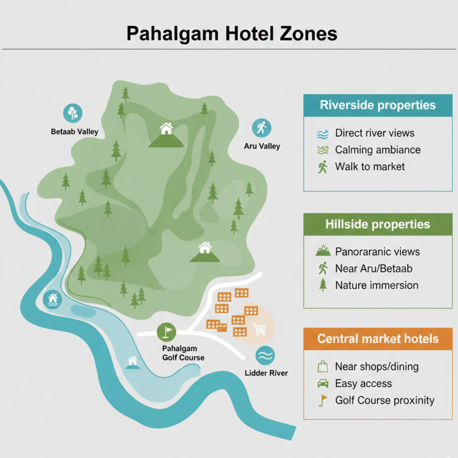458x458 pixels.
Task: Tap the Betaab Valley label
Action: pyautogui.click(x=74, y=132)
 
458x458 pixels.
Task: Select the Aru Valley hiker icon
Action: pyautogui.click(x=262, y=128)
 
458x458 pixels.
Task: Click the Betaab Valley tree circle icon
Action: pyautogui.click(x=72, y=113)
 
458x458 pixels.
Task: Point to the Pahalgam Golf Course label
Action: pyautogui.click(x=183, y=353)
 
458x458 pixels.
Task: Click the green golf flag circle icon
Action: pyautogui.click(x=166, y=332)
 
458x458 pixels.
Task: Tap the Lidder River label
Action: pyautogui.click(x=267, y=373)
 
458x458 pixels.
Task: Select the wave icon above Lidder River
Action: pyautogui.click(x=265, y=356)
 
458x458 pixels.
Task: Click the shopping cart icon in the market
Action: pyautogui.click(x=259, y=330)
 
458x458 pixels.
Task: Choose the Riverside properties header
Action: pyautogui.click(x=377, y=106)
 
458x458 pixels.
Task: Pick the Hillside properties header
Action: pyautogui.click(x=377, y=225)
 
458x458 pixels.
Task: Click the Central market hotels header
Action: pyautogui.click(x=378, y=339)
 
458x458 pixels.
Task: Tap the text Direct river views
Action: pyautogui.click(x=374, y=133)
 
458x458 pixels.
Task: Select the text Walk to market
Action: pyautogui.click(x=370, y=167)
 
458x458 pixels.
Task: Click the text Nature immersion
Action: pyautogui.click(x=377, y=285)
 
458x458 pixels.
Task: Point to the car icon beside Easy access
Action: pyautogui.click(x=322, y=383)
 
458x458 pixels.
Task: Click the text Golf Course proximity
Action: pyautogui.click(x=385, y=400)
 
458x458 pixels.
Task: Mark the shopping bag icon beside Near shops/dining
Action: pyautogui.click(x=322, y=367)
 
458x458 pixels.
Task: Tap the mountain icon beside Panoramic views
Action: pyautogui.click(x=323, y=251)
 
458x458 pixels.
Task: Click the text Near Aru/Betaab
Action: pyautogui.click(x=373, y=268)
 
